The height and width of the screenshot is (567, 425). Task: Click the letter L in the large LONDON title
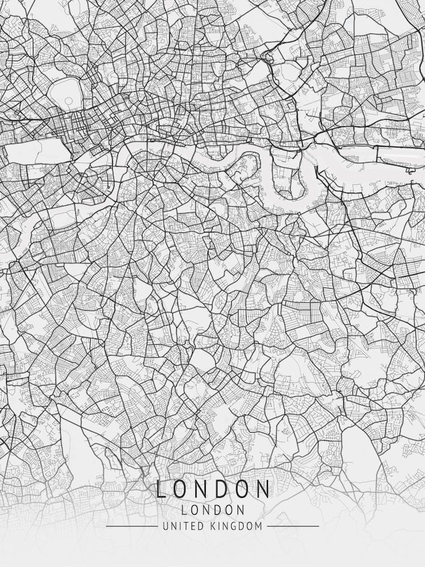point(161,489)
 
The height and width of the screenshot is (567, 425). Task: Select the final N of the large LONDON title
point(262,489)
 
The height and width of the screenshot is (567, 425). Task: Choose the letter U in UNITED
point(165,526)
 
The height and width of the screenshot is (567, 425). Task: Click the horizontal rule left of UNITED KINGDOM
point(131,526)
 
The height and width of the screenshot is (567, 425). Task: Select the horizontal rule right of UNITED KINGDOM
point(292,526)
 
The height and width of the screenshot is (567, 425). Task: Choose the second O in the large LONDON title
point(239,489)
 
